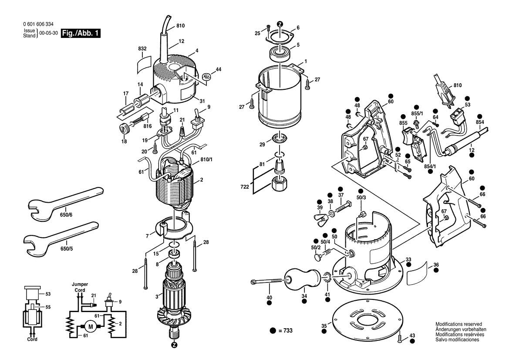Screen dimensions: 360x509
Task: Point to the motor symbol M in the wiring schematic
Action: pos(91,326)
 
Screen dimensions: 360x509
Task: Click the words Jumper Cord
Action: pos(80,287)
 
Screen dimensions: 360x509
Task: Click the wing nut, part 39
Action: pos(320,215)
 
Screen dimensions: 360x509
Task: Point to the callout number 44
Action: pos(219,69)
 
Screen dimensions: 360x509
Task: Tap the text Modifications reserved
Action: pos(458,325)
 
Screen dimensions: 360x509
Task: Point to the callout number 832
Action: pos(142,49)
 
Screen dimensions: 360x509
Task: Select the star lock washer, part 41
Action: pos(327,277)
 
